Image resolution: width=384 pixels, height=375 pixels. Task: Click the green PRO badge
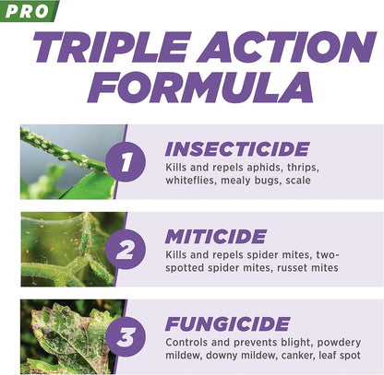[x=28, y=10]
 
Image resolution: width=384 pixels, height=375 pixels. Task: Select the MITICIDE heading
[x=214, y=235]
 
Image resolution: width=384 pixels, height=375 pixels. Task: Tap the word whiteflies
[x=193, y=182]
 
